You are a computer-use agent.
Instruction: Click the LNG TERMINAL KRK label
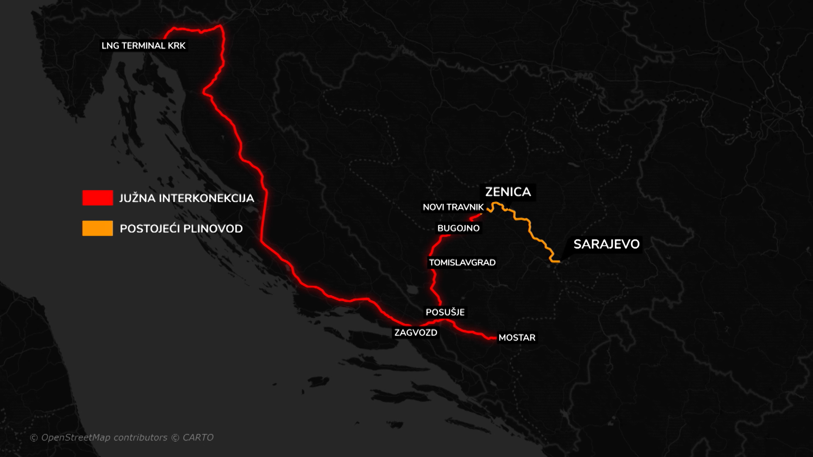[x=143, y=46]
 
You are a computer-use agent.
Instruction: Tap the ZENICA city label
[x=508, y=192]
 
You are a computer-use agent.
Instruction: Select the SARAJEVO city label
[x=606, y=244]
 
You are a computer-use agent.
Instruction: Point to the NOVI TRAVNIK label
[x=453, y=207]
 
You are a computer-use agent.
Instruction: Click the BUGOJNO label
[x=458, y=228]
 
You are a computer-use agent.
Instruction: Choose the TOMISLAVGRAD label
[x=462, y=263]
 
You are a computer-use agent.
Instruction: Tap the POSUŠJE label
[x=445, y=312]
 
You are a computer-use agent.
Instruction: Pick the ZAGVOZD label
[x=415, y=333]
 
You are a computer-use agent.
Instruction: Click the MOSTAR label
[x=517, y=338]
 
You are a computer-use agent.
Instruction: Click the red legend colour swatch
[x=97, y=198]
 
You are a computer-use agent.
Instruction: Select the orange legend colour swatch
[x=97, y=228]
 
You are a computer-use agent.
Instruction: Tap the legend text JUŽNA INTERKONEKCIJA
[x=186, y=198]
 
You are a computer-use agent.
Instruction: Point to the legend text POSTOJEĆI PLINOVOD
[x=181, y=229]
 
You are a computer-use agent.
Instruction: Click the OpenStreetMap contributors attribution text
[x=104, y=438]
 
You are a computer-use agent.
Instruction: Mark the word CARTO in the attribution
[x=198, y=438]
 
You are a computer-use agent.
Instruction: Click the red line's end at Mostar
[x=495, y=338]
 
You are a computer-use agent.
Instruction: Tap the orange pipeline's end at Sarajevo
[x=559, y=262]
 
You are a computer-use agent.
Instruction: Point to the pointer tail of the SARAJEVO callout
[x=563, y=258]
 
